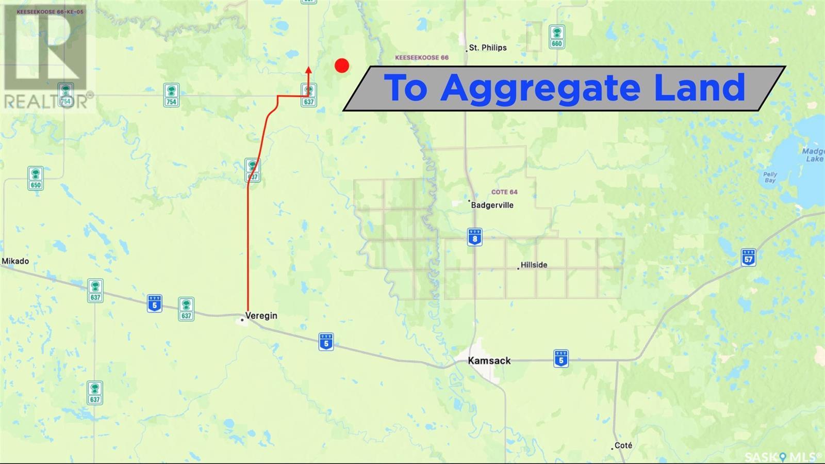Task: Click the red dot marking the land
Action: pos(342,66)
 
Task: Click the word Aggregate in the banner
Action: pos(540,88)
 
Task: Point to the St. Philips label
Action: pos(487,47)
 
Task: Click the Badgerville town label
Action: pos(492,205)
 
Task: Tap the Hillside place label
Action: pos(534,265)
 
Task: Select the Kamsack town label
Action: pos(489,360)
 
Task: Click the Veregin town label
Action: pos(261,315)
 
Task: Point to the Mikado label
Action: pos(15,261)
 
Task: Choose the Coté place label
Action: pos(623,445)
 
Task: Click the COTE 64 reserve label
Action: pos(504,192)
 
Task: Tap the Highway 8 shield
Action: pos(475,236)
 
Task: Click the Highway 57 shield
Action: pos(748,258)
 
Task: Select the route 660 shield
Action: pos(556,37)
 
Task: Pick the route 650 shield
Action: pos(35,179)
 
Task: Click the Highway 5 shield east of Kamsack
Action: pos(561,358)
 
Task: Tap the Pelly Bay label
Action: pos(770,177)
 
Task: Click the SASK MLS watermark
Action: pos(791,457)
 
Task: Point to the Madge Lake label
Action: pos(814,155)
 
